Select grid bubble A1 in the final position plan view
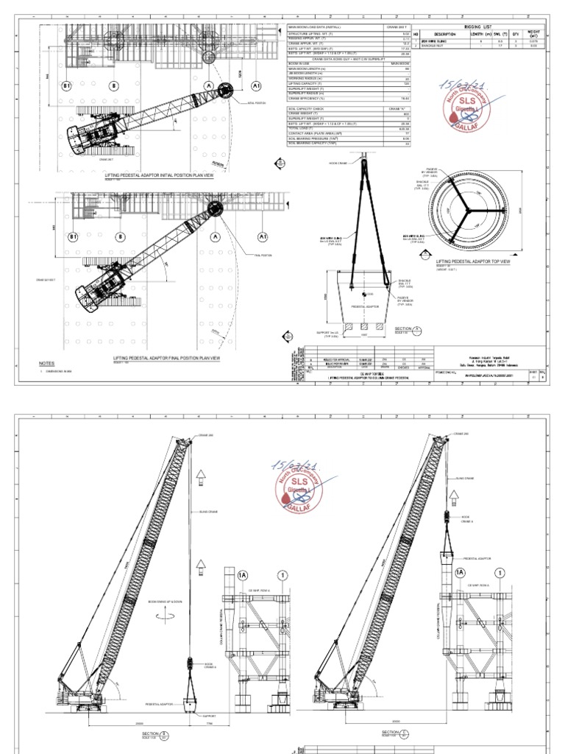pyautogui.click(x=262, y=237)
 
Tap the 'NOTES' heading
pyautogui.click(x=47, y=364)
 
